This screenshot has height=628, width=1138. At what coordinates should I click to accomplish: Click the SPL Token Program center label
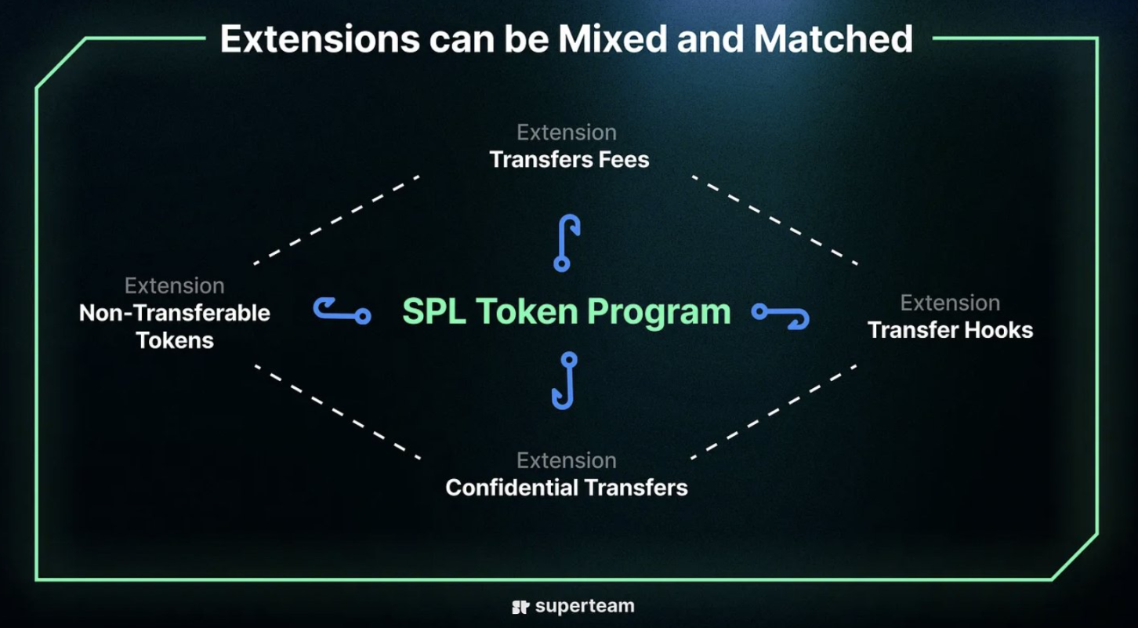tap(566, 312)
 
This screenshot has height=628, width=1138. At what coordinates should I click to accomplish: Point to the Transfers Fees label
tap(569, 160)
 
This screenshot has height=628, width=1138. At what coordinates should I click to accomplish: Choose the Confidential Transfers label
tap(567, 488)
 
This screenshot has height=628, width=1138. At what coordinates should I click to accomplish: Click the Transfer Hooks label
tap(950, 330)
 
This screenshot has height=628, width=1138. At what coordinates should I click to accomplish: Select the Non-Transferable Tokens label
tap(175, 327)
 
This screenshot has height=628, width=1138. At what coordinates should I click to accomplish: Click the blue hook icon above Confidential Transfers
tap(565, 380)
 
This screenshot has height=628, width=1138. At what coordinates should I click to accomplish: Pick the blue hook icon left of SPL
tap(342, 310)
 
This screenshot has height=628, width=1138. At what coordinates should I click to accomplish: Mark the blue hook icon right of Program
tap(781, 315)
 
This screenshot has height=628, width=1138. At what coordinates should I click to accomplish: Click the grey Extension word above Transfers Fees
tap(567, 132)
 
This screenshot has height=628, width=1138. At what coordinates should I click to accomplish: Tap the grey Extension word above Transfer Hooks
tap(950, 303)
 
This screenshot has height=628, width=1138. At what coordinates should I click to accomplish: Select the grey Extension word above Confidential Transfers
tap(567, 460)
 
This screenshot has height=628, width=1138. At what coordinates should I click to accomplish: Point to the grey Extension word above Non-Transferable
tap(175, 285)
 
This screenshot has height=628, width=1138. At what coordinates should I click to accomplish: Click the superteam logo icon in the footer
tap(520, 607)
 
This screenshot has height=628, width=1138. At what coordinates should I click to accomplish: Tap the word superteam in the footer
tap(585, 606)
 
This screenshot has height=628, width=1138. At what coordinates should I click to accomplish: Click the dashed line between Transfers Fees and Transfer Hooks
tap(774, 220)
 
